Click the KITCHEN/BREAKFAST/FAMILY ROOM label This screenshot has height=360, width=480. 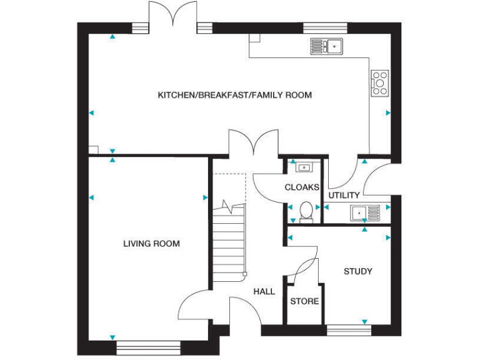[x=234, y=96]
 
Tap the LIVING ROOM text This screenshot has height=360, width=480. [x=151, y=244]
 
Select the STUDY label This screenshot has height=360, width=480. [x=358, y=271]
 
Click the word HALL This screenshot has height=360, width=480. [x=264, y=291]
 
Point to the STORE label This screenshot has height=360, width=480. [x=304, y=301]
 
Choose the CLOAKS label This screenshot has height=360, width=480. [x=302, y=187]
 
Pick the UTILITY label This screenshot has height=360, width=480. [x=344, y=196]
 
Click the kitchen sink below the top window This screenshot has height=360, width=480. [x=326, y=45]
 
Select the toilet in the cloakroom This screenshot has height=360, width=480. [x=306, y=212]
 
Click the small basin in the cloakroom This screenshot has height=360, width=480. [x=304, y=167]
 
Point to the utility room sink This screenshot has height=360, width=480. [x=364, y=213]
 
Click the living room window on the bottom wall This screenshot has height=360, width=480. [x=148, y=344]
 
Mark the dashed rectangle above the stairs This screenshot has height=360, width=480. [x=229, y=187]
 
